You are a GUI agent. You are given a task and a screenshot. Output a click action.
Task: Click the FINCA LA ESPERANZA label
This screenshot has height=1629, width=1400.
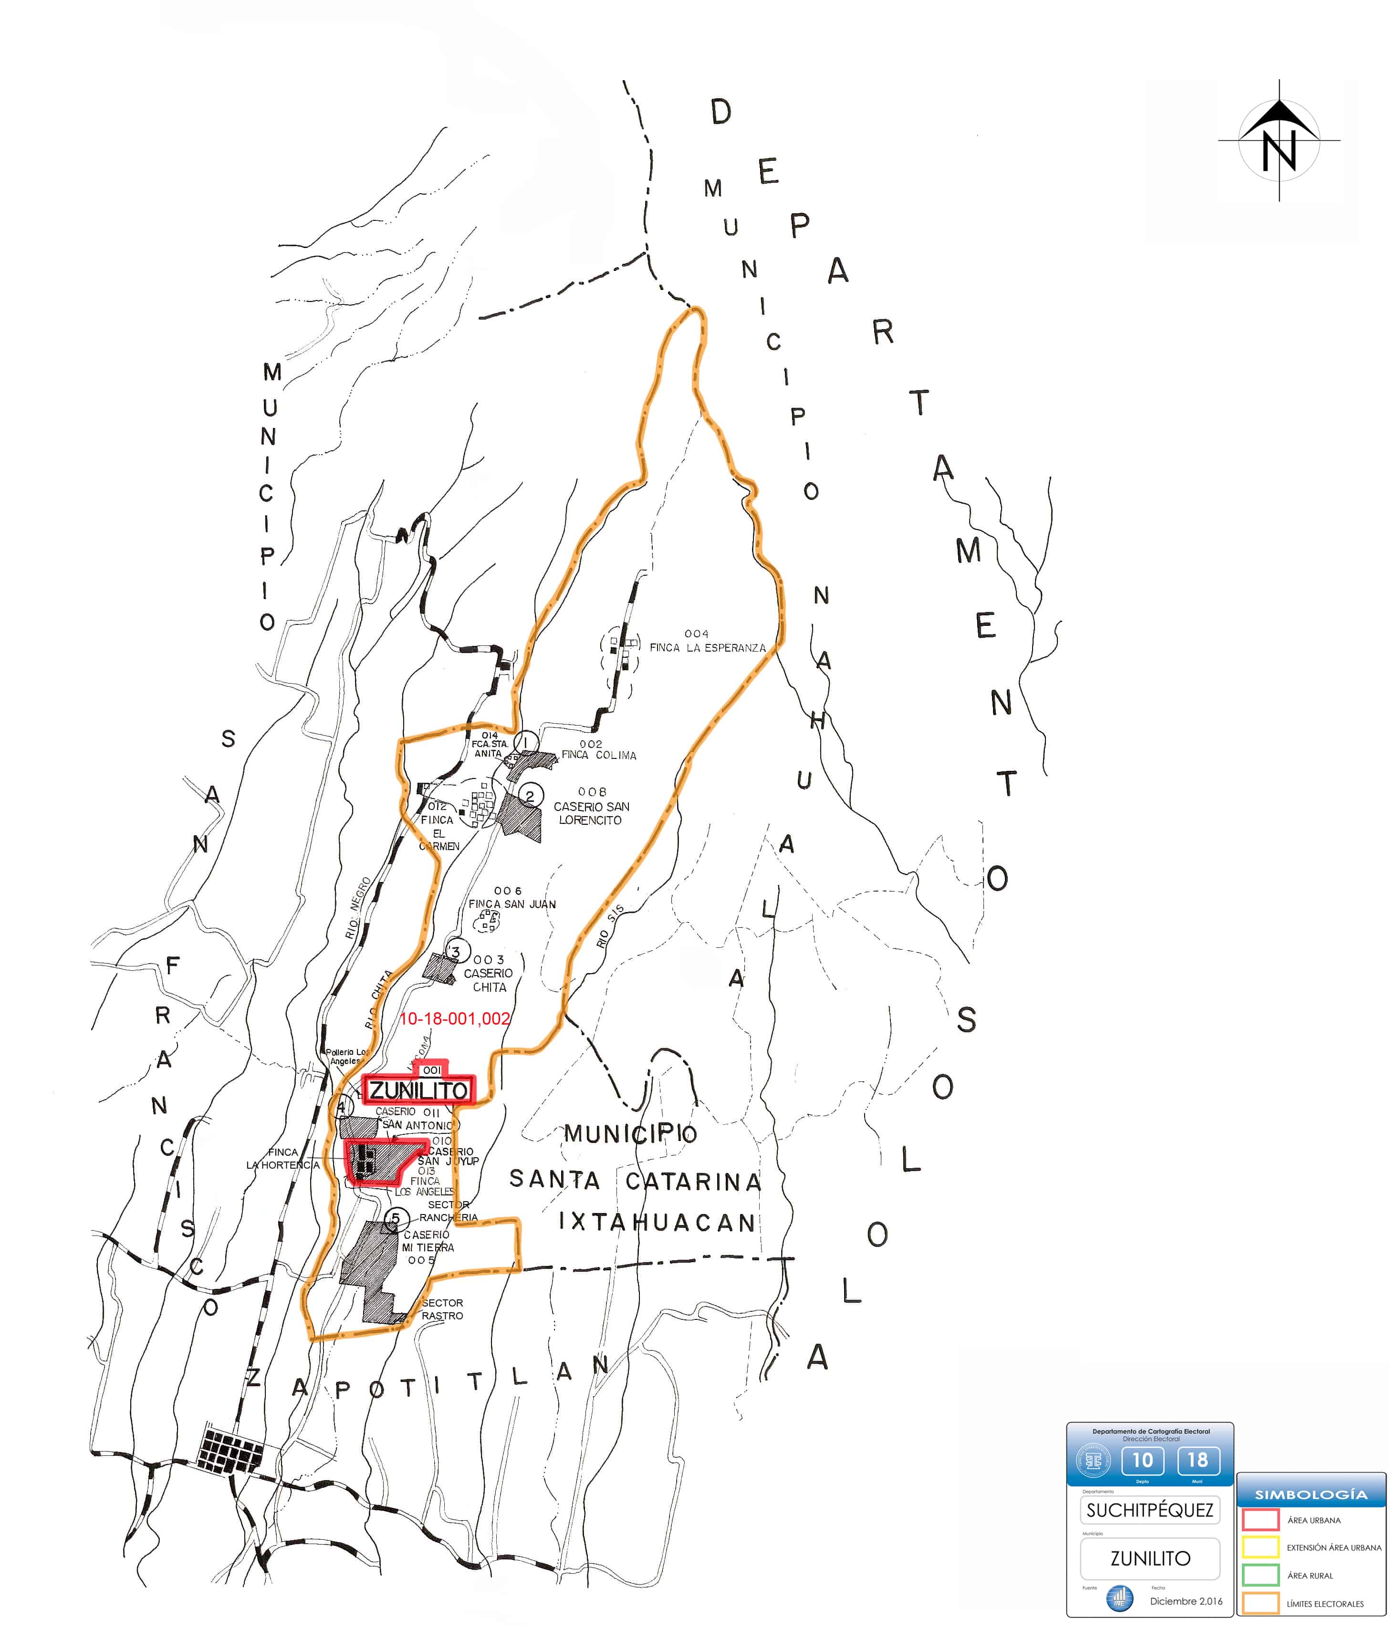click(x=707, y=648)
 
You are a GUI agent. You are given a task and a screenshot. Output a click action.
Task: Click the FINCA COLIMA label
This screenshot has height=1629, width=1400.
click(x=598, y=755)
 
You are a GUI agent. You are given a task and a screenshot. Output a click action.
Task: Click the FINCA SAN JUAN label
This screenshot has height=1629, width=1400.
click(x=512, y=904)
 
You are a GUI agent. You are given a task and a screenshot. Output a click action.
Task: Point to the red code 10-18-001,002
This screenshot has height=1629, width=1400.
click(x=455, y=1019)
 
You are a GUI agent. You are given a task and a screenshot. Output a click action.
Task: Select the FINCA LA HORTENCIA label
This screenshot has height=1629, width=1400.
click(x=283, y=1158)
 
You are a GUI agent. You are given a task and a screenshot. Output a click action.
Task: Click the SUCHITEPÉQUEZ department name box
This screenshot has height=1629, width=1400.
click(x=1150, y=1510)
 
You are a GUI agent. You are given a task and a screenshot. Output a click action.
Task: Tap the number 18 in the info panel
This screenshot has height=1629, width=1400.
click(x=1197, y=1460)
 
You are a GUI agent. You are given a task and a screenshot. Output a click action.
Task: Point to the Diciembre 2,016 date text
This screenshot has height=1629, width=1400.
click(x=1186, y=1601)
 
